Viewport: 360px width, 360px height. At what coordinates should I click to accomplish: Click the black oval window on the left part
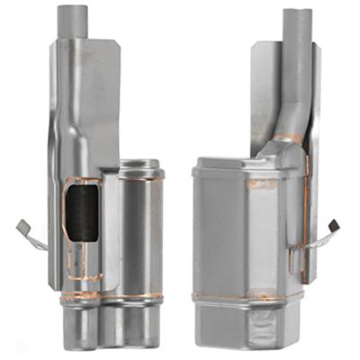click(79, 211)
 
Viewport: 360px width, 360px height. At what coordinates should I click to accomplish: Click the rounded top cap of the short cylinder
click(139, 167)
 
